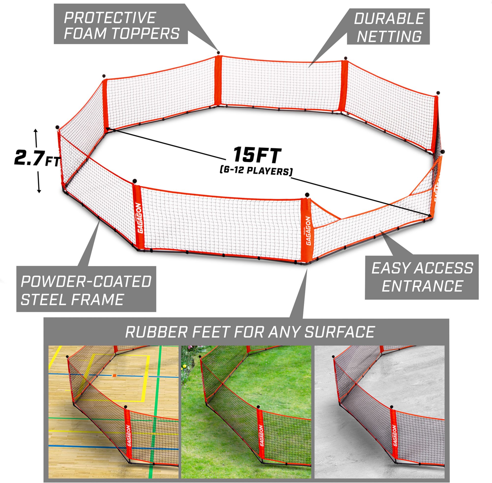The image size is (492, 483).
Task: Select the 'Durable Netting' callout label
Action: [388, 26]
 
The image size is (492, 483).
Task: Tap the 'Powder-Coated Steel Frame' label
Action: [86, 289]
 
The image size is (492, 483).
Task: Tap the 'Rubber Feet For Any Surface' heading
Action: [249, 331]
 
